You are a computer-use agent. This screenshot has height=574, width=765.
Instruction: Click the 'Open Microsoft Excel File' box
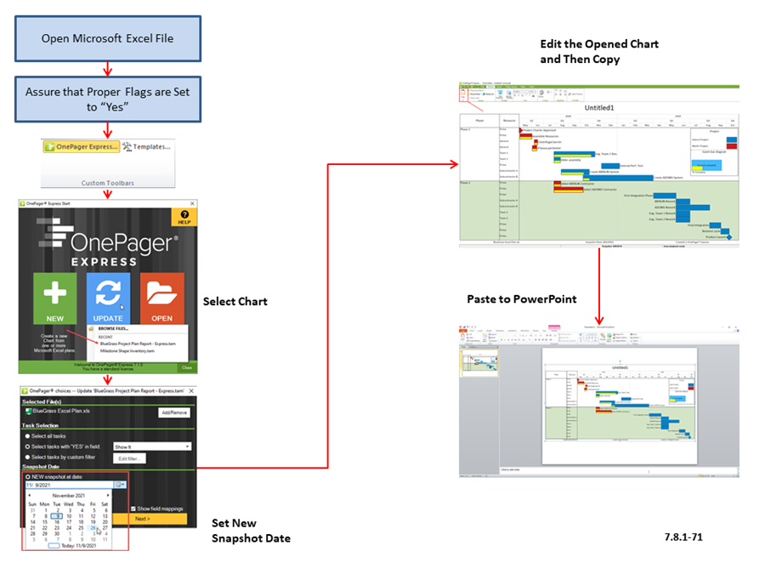click(x=107, y=38)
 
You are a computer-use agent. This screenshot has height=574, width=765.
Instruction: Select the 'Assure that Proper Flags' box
click(x=107, y=99)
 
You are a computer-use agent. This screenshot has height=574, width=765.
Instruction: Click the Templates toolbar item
click(x=149, y=147)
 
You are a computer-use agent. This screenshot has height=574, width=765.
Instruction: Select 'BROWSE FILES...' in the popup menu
click(x=116, y=327)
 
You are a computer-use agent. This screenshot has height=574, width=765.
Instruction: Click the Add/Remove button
click(x=174, y=412)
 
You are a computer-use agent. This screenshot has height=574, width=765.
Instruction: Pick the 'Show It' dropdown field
click(x=152, y=446)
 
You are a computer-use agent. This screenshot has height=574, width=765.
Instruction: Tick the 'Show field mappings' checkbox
click(x=134, y=509)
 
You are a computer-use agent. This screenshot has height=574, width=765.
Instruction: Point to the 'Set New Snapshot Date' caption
click(x=251, y=531)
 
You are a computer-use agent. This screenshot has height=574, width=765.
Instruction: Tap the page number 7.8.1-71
click(x=683, y=537)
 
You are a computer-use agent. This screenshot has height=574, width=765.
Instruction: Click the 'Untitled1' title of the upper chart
click(x=600, y=108)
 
